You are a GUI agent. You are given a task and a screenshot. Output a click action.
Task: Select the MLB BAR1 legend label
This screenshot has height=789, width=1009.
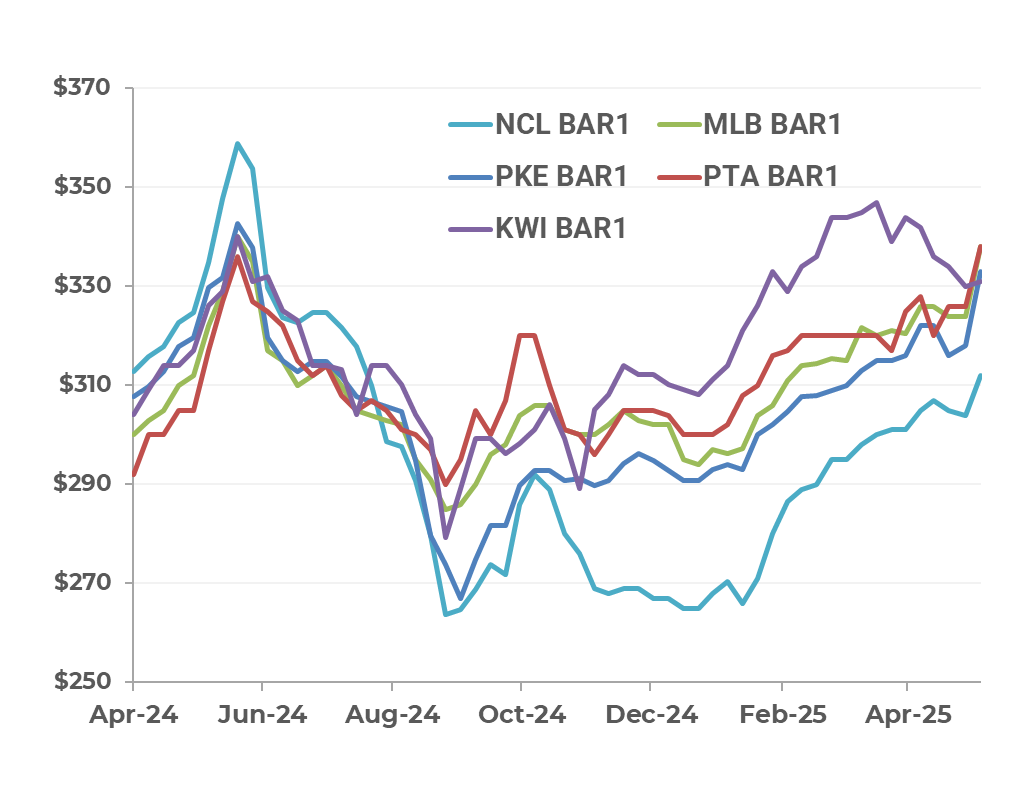pos(770,125)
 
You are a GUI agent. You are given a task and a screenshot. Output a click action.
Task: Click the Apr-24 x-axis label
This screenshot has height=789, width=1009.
pos(133,716)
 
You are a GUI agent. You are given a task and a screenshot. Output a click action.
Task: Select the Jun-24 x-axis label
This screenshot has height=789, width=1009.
pos(262,716)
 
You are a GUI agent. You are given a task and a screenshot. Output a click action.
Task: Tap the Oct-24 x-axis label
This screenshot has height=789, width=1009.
pos(521,716)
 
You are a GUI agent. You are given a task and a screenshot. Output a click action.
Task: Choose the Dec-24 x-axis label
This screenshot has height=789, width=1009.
pos(650,716)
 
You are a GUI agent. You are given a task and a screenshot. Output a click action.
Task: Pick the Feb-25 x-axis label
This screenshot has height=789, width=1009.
pos(780,716)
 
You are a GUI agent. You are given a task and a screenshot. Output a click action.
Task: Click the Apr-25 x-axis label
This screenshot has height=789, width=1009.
pos(907,716)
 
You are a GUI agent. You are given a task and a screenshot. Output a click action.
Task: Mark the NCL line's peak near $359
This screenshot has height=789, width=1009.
pos(237,142)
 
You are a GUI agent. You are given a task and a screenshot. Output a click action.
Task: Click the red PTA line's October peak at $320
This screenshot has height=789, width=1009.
pos(528,335)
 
